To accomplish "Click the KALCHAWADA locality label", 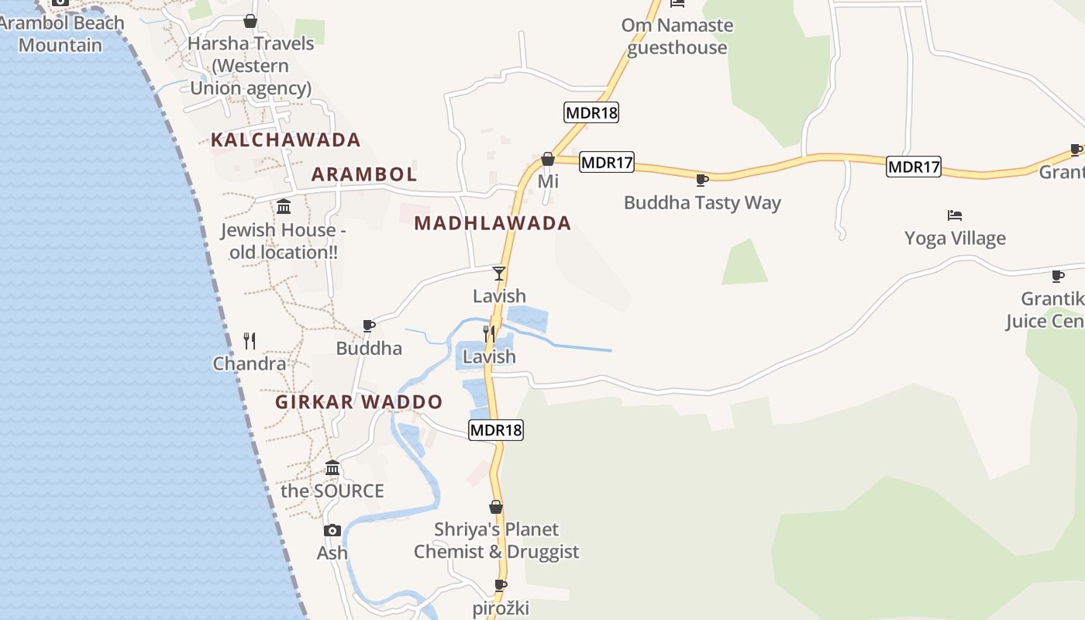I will [286, 140].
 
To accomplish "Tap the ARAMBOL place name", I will [364, 174].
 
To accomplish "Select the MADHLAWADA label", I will [493, 223].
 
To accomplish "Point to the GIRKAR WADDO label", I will [359, 402].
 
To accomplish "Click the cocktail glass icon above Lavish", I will [499, 274].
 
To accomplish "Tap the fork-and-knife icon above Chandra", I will [250, 340].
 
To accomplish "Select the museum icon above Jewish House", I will [284, 207].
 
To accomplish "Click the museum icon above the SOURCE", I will [332, 468].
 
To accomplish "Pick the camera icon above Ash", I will [332, 531].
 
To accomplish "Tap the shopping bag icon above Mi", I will [548, 159].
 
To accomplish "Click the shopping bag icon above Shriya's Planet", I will [496, 508].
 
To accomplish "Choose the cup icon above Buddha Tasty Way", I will [702, 181].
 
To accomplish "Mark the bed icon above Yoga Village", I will [955, 215].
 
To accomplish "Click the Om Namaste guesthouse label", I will [677, 36].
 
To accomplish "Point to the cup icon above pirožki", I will [501, 586].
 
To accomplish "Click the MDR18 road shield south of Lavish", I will [496, 430].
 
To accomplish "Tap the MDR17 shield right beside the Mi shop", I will [607, 163].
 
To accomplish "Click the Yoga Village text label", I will [955, 239].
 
